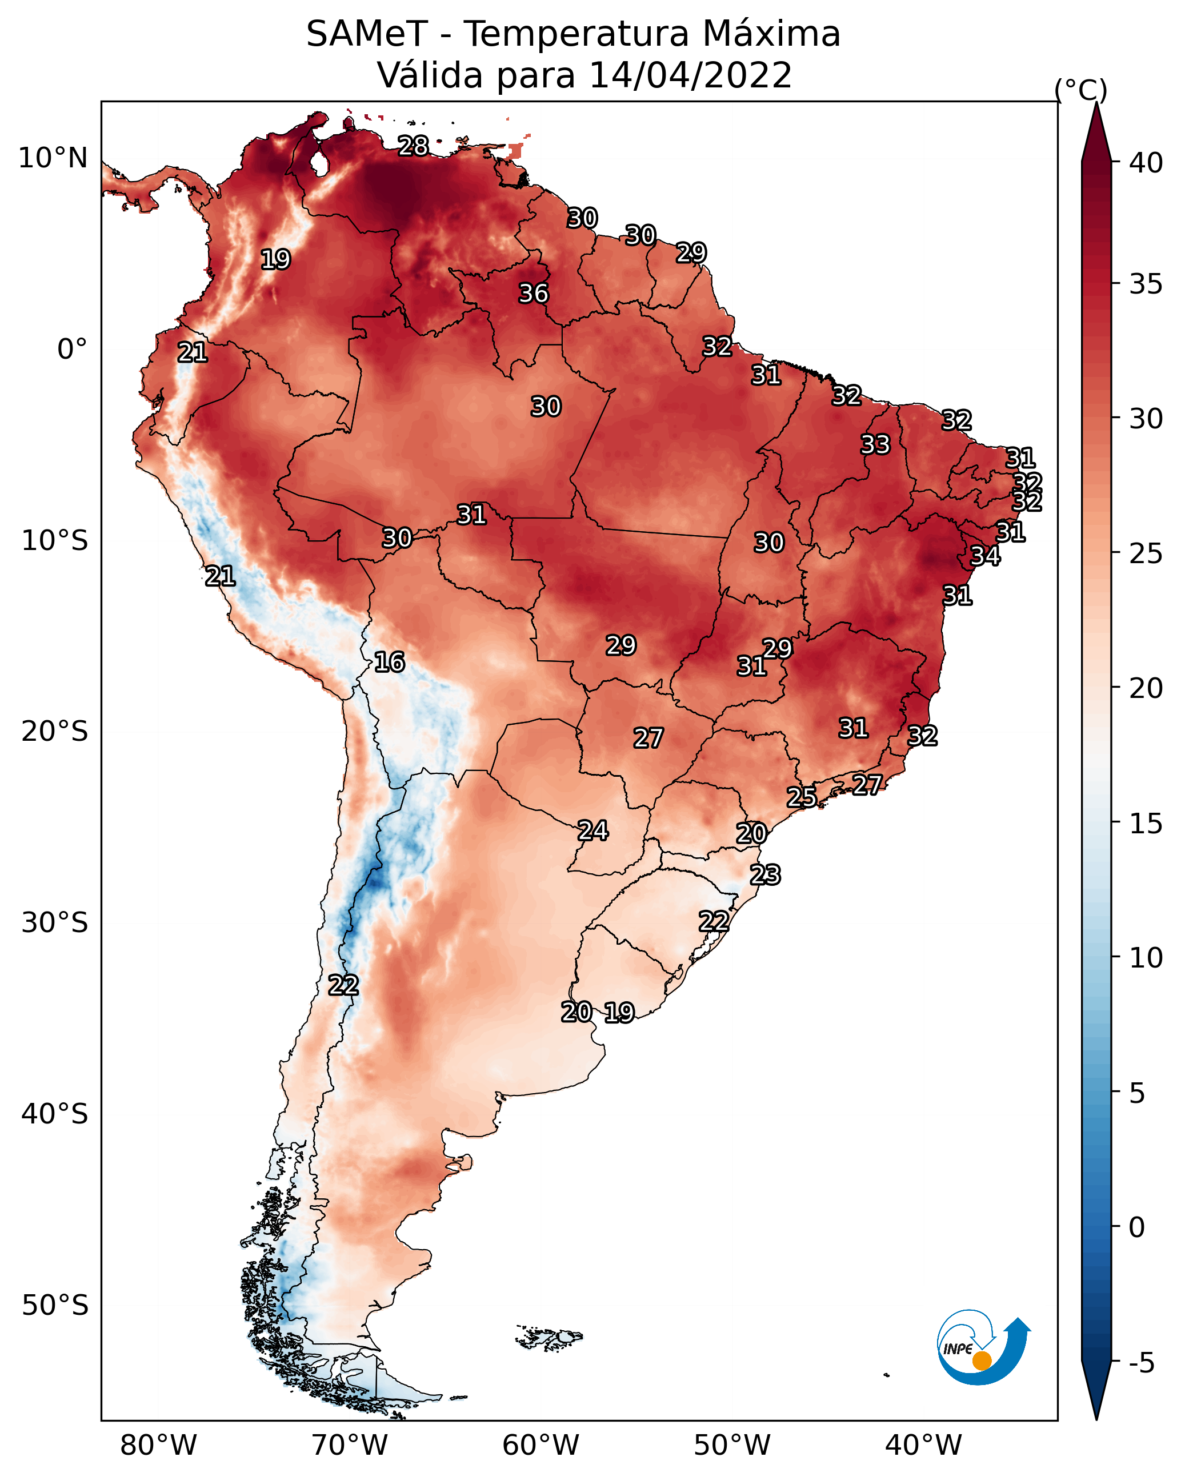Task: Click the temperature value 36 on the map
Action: click(x=533, y=293)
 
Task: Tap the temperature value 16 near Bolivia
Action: click(x=389, y=662)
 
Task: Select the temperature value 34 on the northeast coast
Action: click(x=985, y=556)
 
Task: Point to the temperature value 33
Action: click(x=875, y=444)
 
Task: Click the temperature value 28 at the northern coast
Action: click(x=413, y=146)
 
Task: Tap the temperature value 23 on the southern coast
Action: click(x=765, y=875)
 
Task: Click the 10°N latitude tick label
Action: click(x=53, y=158)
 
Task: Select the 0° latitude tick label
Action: click(x=73, y=350)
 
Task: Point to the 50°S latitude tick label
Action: click(x=55, y=1306)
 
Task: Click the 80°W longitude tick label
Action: click(x=158, y=1445)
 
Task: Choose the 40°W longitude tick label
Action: click(x=923, y=1445)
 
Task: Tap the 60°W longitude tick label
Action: click(x=541, y=1445)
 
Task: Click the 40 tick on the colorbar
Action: click(x=1146, y=163)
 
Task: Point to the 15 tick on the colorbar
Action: click(x=1146, y=824)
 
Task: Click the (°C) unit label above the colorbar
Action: click(x=1081, y=90)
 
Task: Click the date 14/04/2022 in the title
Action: click(x=690, y=75)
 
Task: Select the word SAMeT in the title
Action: click(x=367, y=34)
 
